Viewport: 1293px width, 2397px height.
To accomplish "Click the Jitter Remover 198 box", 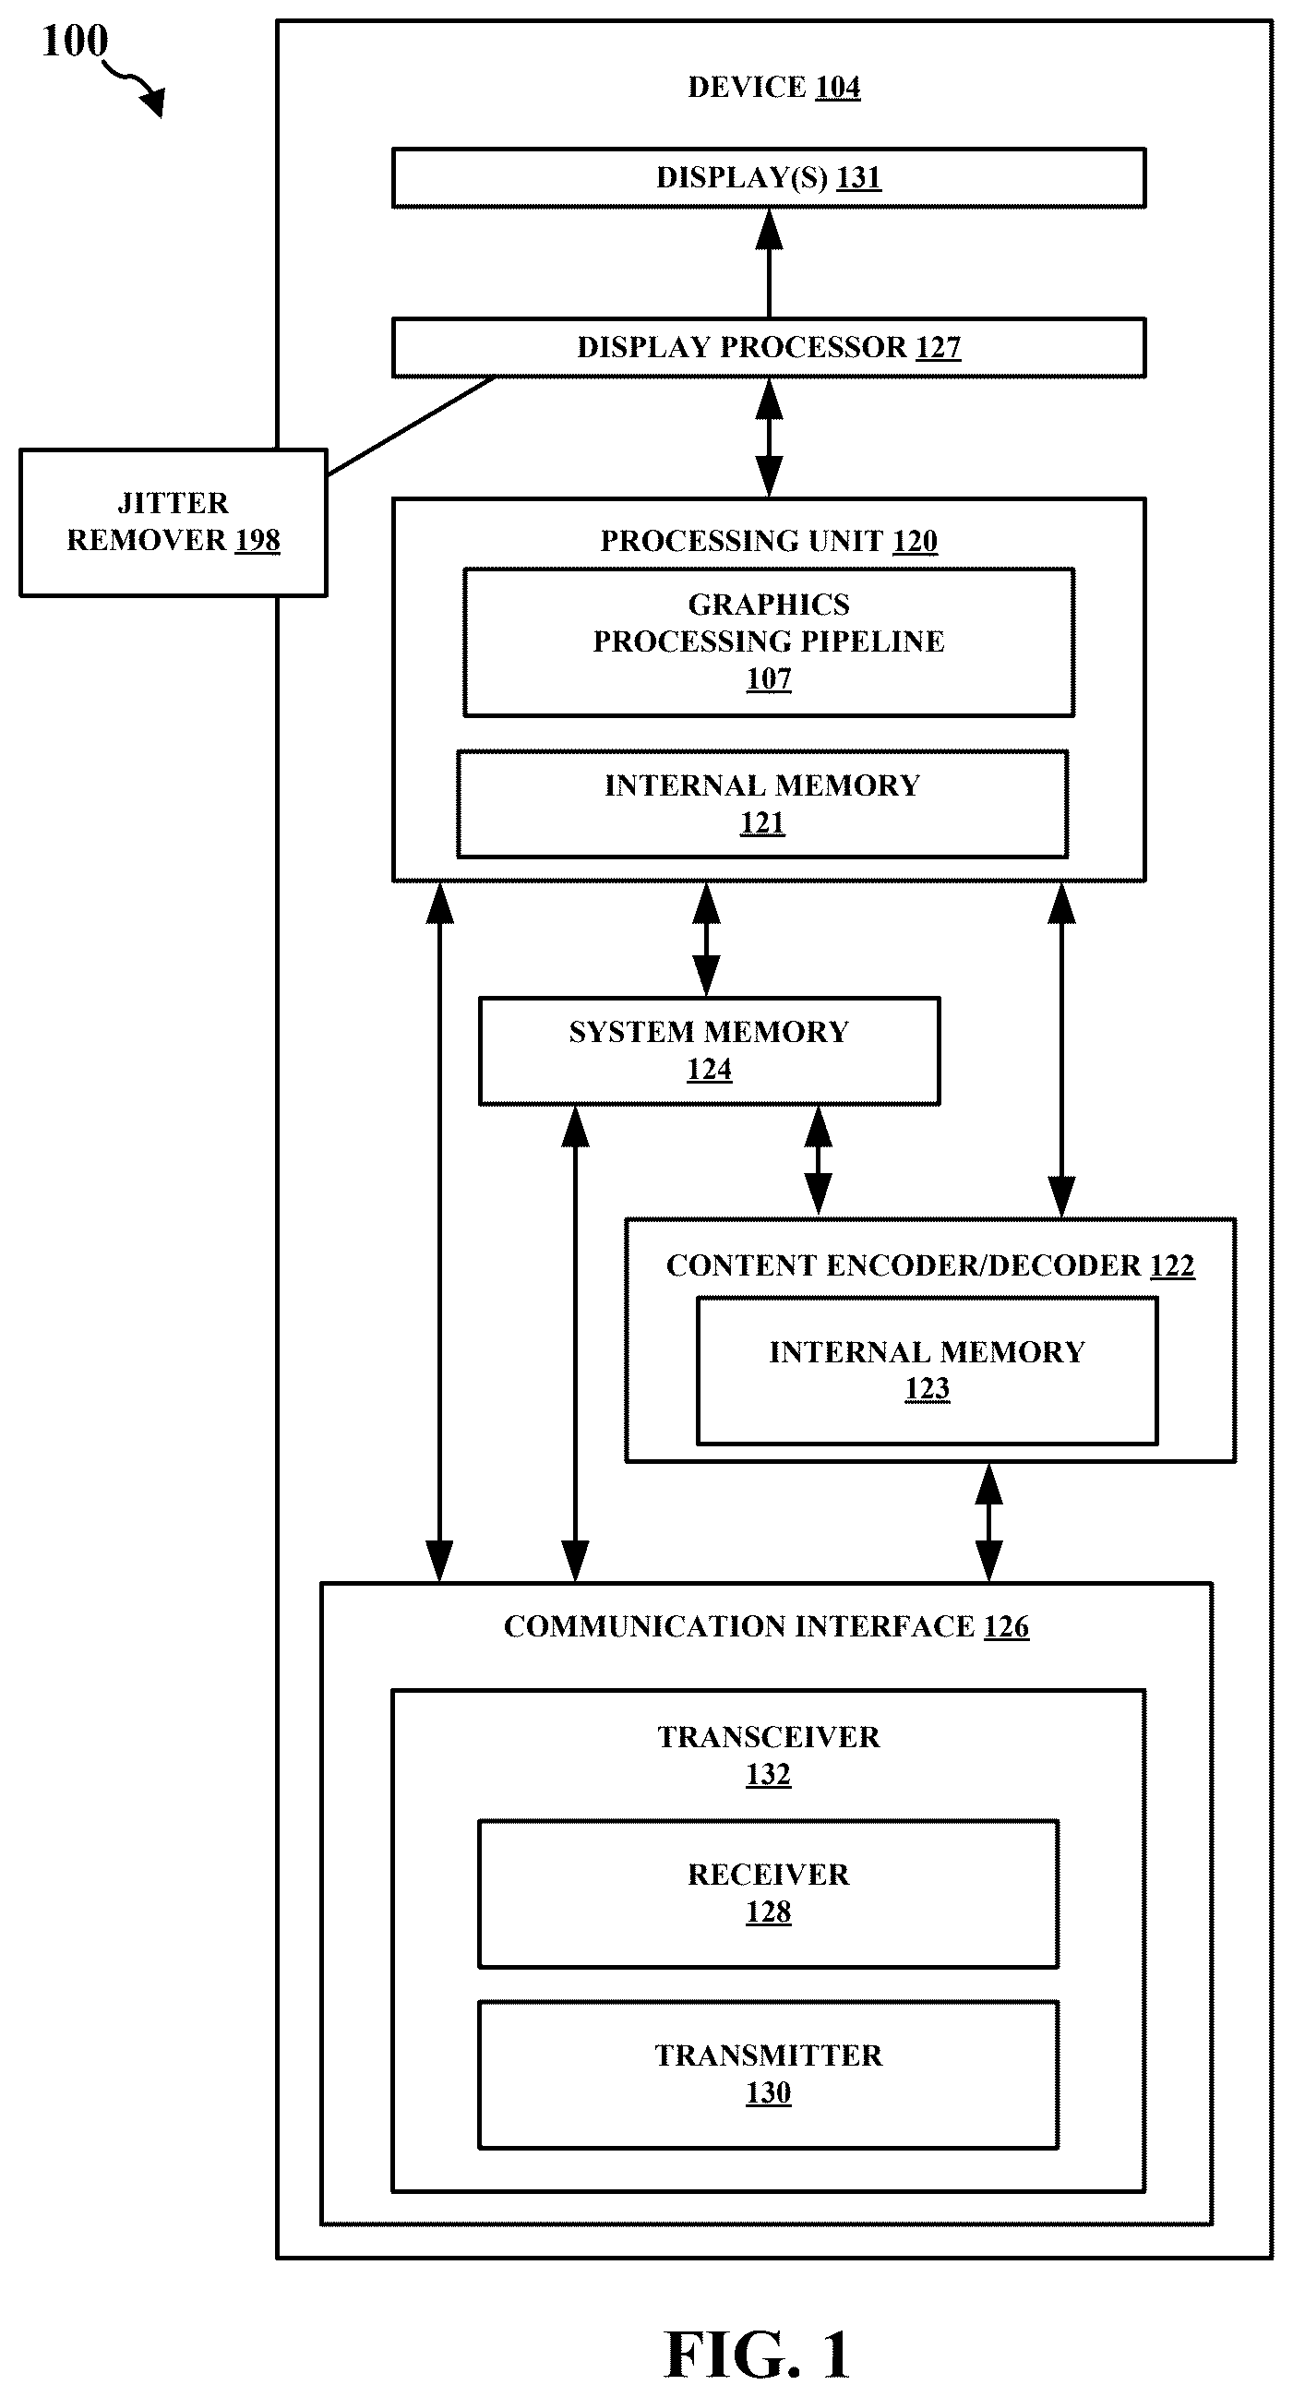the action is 173,522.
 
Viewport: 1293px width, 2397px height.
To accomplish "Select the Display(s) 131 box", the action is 769,177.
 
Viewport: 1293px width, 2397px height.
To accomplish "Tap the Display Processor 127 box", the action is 769,347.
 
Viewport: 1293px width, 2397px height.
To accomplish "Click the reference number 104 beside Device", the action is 837,88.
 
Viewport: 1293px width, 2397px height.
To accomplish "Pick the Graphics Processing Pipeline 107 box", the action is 769,642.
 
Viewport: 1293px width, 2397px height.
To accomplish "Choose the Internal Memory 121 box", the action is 761,804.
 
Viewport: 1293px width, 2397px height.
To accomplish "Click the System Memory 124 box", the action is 709,1050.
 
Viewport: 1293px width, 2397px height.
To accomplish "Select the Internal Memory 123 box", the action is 927,1370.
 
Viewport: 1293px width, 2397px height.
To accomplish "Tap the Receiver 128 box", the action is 769,1894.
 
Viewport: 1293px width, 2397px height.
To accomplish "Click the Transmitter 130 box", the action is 769,2074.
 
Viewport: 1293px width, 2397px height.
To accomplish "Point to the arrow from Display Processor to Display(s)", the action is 770,262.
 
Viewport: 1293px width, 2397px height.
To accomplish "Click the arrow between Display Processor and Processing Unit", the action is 770,438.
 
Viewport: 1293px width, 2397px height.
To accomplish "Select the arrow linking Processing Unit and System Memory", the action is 707,939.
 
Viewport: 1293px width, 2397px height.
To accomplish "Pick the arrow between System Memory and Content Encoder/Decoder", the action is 818,1161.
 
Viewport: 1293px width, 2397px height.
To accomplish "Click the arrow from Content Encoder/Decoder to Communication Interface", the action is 988,1522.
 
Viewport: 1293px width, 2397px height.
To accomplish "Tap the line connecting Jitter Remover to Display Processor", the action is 411,426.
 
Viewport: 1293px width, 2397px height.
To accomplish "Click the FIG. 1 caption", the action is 757,2355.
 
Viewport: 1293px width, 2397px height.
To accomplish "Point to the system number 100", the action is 75,42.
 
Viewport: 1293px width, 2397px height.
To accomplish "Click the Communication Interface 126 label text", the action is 767,1625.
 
